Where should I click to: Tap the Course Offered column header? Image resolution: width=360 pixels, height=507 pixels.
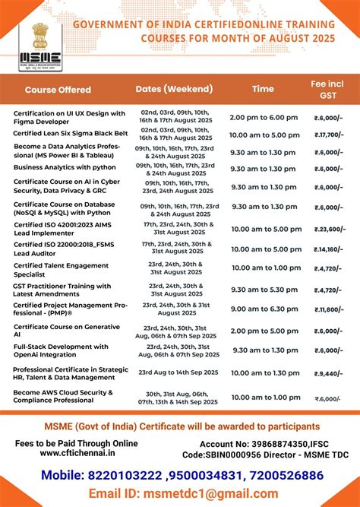click(58, 90)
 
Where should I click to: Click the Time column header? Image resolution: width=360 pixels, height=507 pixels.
click(263, 89)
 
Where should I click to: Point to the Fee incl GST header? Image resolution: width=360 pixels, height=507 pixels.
click(329, 88)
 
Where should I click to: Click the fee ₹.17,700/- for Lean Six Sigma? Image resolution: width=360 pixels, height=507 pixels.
click(329, 135)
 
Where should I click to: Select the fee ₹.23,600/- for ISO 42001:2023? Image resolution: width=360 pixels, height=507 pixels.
click(329, 229)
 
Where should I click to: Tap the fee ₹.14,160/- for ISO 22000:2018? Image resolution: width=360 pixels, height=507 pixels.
click(329, 249)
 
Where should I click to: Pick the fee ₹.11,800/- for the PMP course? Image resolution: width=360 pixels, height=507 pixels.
click(329, 309)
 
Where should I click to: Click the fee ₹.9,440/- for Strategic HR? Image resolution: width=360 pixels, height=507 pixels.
click(329, 374)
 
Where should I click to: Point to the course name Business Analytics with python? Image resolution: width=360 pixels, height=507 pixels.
click(65, 167)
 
